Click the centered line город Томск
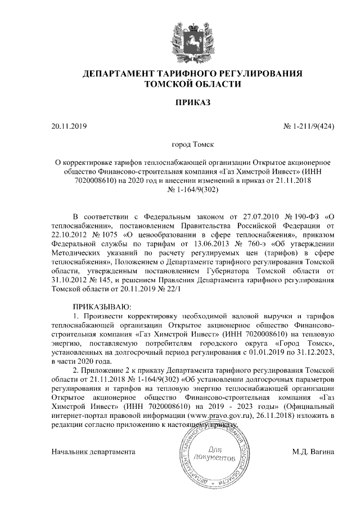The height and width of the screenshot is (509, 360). [192, 145]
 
